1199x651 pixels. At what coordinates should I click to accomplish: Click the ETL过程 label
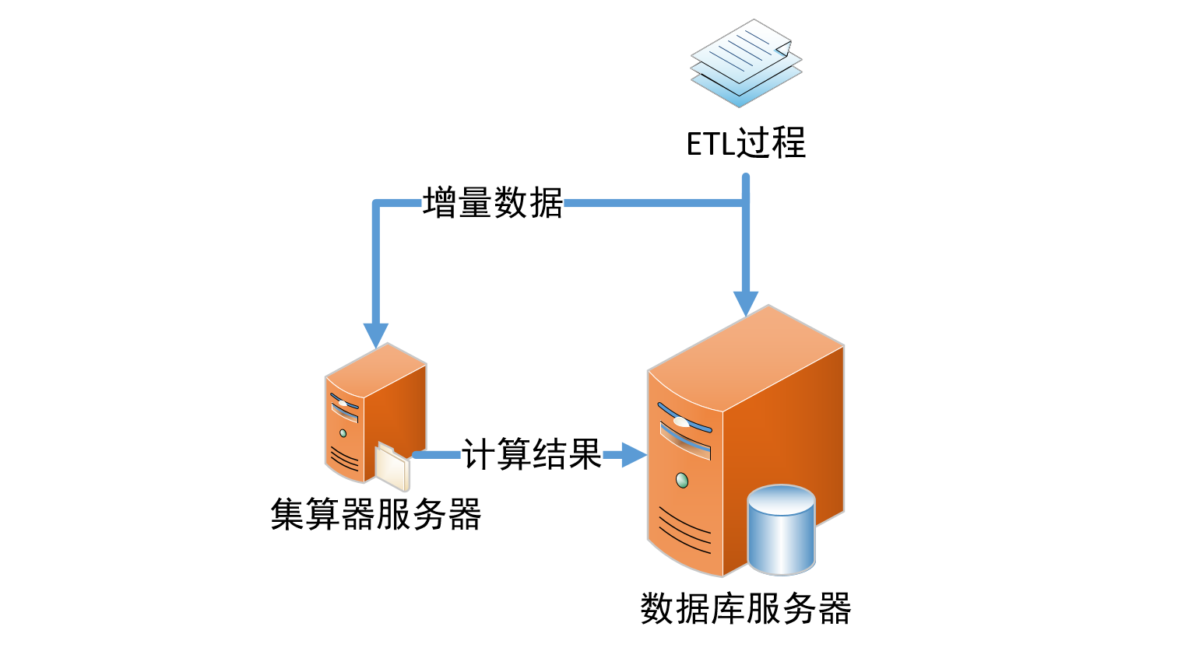point(746,144)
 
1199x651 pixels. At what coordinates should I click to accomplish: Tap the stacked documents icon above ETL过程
point(746,62)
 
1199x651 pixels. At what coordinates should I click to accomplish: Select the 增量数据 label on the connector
point(493,204)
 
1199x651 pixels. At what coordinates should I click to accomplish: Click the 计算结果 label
point(532,454)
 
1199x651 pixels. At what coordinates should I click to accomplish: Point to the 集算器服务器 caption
point(376,515)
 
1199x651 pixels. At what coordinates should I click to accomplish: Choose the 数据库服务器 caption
point(746,608)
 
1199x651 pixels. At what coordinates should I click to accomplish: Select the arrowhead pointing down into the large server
point(746,303)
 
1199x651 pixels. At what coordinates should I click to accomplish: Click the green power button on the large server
point(682,480)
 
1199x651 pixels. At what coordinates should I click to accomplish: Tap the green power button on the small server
point(343,432)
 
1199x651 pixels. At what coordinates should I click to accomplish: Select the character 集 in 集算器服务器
point(287,515)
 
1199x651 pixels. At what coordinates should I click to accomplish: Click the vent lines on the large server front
point(684,529)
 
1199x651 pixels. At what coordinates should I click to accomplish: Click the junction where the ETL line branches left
point(746,204)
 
